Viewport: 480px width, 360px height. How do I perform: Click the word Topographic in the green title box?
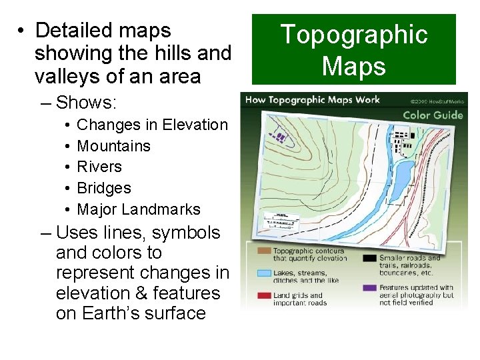click(x=353, y=35)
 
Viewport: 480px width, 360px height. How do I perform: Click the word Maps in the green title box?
click(x=353, y=66)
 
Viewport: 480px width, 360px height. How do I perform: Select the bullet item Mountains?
click(x=114, y=145)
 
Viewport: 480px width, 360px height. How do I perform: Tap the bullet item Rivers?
click(x=100, y=167)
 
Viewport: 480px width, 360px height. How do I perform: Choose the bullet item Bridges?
click(x=104, y=188)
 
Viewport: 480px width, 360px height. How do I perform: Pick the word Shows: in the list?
click(x=87, y=103)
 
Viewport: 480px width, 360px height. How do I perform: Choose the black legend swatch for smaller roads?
click(x=369, y=257)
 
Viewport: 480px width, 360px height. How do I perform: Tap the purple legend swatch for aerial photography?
click(x=369, y=288)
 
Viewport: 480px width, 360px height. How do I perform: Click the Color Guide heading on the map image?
click(x=432, y=115)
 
